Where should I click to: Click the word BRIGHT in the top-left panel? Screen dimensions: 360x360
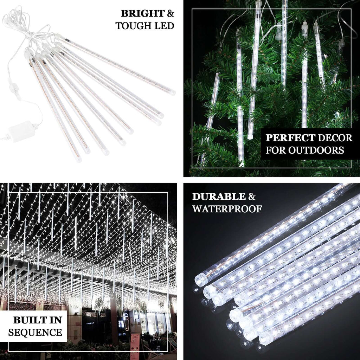point(143,14)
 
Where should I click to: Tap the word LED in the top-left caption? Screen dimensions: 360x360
point(164,26)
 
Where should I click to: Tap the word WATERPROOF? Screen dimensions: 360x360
point(227,209)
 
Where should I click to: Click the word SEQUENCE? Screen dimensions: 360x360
point(35,332)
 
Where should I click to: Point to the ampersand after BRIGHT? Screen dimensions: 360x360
point(170,14)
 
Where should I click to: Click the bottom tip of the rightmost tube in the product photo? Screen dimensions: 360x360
point(172,93)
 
